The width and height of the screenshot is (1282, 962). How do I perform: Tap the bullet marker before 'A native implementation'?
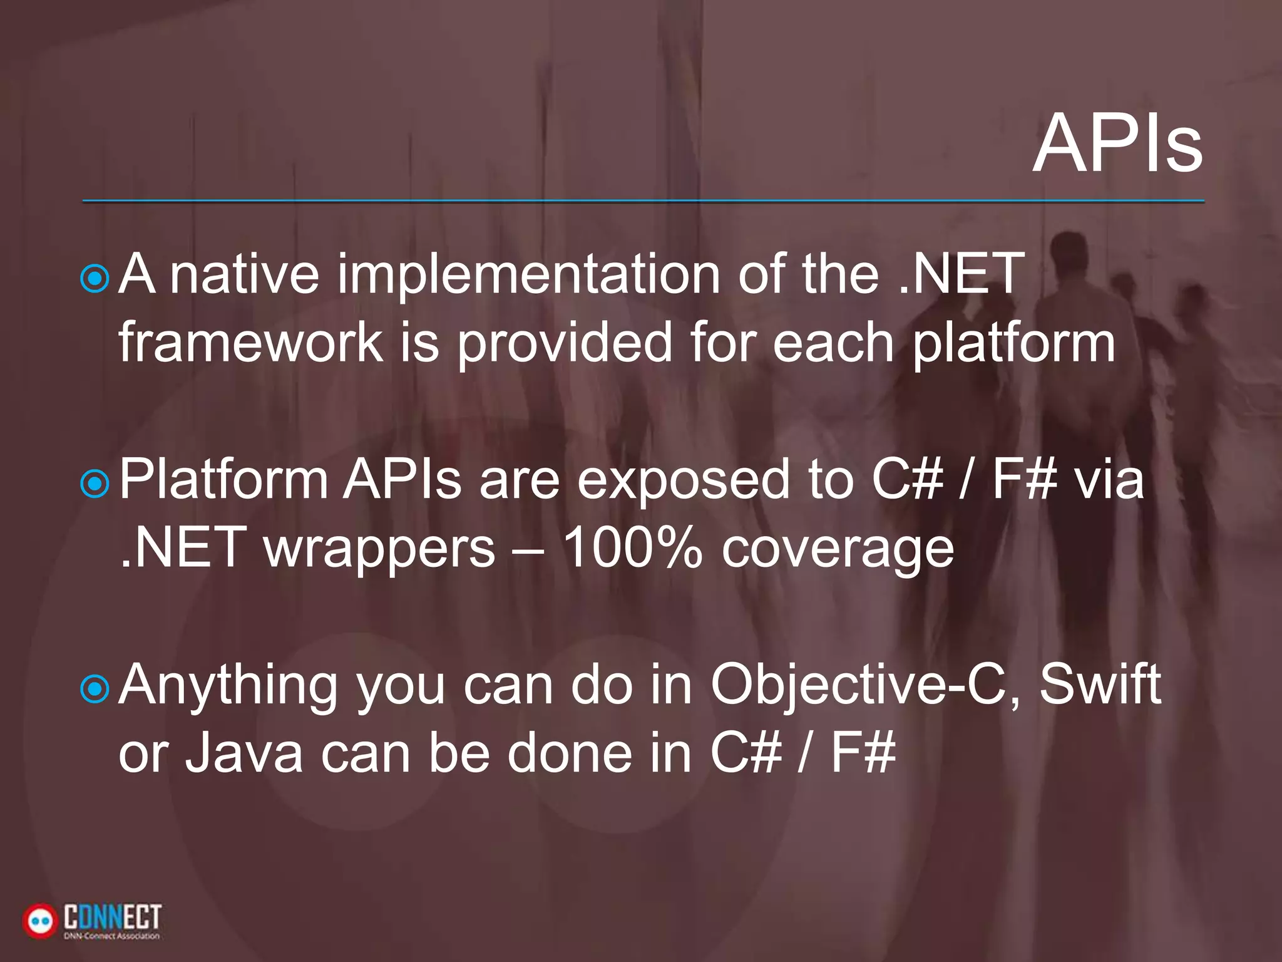coord(95,278)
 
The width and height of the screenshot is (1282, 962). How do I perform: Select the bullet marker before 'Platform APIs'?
coord(95,483)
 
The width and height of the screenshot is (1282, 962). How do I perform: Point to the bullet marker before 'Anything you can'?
coord(95,688)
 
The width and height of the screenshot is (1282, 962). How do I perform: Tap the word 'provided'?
coord(563,343)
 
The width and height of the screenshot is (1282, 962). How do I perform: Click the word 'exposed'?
coord(682,481)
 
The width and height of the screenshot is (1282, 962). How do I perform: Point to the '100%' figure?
coord(632,548)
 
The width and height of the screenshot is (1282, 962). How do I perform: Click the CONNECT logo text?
coord(113,918)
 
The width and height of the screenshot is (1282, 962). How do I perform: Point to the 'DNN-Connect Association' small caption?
coord(111,936)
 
